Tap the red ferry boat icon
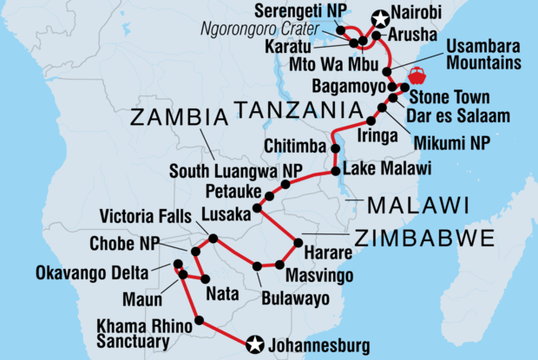click(x=415, y=75)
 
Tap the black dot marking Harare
click(x=299, y=242)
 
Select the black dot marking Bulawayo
click(x=258, y=265)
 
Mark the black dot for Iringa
click(x=372, y=120)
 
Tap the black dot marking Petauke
click(x=268, y=197)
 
